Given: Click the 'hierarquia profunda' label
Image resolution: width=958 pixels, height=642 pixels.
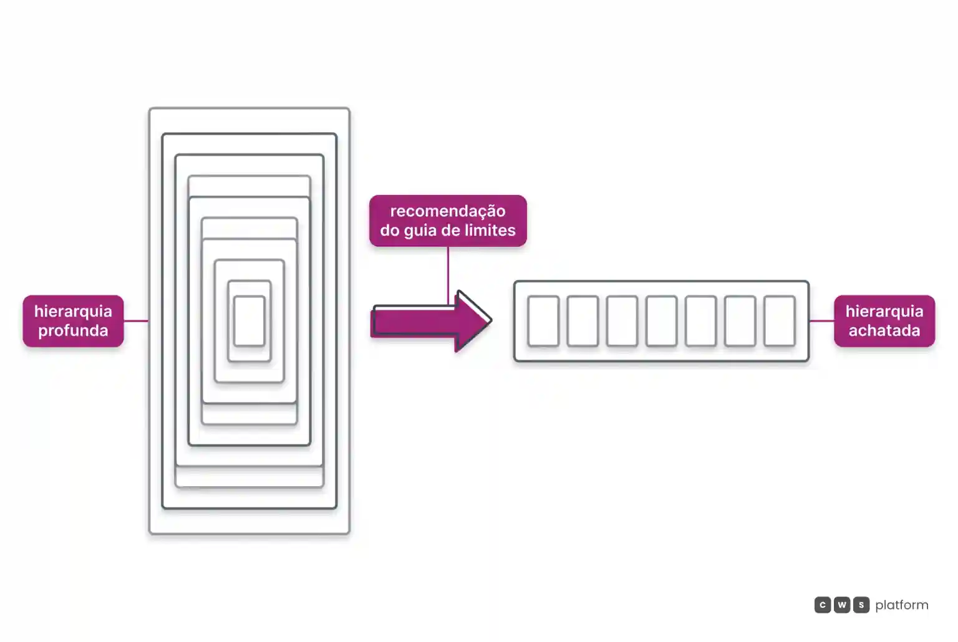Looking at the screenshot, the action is [73, 320].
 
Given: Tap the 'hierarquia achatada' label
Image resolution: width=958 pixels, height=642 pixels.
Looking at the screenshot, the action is [884, 320].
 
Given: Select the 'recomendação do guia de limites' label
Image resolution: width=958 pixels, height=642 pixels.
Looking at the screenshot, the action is [448, 221].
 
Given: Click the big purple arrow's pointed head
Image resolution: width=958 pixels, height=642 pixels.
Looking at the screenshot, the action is [490, 320].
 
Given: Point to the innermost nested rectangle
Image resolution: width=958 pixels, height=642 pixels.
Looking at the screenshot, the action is [249, 320].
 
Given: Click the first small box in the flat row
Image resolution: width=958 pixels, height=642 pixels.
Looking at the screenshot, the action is [543, 320].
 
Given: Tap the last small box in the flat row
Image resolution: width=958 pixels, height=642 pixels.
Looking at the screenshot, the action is [779, 320].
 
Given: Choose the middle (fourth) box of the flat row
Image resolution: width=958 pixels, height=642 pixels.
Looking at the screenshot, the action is [661, 320].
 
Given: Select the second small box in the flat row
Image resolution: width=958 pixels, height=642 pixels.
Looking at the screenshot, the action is [583, 320].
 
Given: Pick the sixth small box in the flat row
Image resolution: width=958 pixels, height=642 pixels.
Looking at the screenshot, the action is [740, 320].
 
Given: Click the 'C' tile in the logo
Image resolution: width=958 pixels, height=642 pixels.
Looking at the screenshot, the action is [823, 605].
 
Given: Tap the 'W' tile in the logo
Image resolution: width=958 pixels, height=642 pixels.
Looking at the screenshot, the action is [841, 605].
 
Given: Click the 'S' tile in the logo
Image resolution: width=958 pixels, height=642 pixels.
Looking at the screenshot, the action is [861, 605].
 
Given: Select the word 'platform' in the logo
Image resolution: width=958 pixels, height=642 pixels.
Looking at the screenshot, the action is [902, 605].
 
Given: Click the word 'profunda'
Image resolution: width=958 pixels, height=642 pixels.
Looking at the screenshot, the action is [73, 330].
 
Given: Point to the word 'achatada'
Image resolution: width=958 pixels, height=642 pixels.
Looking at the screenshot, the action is [884, 330].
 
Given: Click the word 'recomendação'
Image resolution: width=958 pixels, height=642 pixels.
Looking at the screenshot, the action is [448, 211].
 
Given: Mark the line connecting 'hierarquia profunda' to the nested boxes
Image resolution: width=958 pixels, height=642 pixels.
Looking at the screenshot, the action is [136, 320].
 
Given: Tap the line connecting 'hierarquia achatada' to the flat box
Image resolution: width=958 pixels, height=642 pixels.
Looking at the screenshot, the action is [821, 320].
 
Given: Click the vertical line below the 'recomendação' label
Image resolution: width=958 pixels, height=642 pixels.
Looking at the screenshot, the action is [448, 275].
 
